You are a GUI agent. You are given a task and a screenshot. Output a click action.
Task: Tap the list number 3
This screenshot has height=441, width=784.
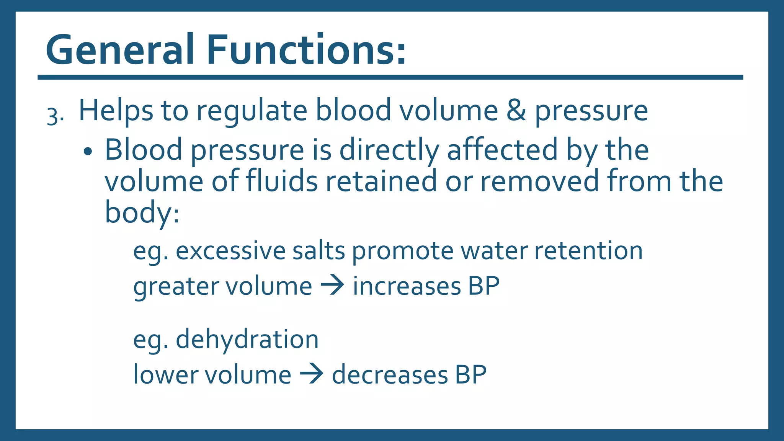pos(53,116)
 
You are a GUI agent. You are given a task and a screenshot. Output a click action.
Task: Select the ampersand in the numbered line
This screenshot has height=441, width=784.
pos(516,111)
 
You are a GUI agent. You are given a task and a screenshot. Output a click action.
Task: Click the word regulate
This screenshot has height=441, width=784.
pos(252,112)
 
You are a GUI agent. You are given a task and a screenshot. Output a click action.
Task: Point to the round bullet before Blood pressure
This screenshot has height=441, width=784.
pos(88,152)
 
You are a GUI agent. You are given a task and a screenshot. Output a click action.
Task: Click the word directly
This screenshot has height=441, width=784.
pos(389,150)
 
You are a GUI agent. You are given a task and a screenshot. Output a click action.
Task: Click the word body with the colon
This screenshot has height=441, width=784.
pos(142,213)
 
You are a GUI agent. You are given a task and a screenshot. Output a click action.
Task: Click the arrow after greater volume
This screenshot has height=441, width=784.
pos(332,286)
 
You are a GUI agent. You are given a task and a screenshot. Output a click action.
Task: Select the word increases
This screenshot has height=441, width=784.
pos(407,286)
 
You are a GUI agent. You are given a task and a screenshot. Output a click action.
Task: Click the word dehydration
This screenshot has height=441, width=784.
pos(247,340)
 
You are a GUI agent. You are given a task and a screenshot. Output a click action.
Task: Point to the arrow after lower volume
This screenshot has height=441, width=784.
pos(311,374)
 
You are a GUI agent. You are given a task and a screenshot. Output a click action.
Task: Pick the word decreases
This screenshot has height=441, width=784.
pos(390,375)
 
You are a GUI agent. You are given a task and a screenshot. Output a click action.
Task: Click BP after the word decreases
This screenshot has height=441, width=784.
pos(470,375)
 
